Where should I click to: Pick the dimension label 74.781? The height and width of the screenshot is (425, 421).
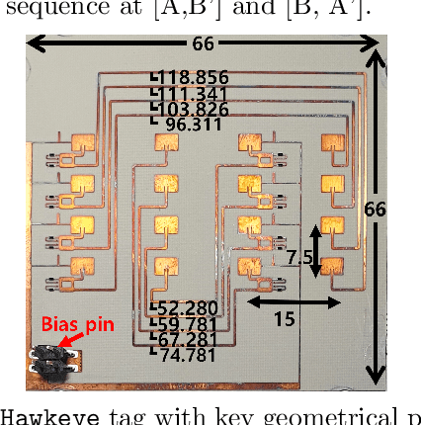point(188,354)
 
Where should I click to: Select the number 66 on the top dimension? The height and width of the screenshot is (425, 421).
point(203,44)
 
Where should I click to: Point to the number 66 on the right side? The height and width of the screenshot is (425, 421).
point(375,211)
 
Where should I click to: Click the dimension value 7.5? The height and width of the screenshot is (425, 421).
point(298,257)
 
